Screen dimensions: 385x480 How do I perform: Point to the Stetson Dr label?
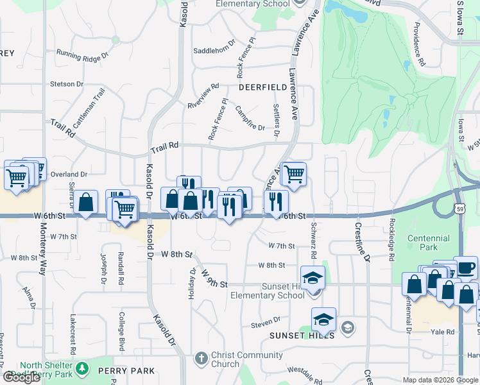point(67,84)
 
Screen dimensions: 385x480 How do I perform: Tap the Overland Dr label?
point(69,174)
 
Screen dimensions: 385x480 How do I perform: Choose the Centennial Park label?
point(431,242)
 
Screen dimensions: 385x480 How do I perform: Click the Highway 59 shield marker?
point(460,209)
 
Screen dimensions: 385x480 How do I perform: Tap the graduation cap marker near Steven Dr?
point(323,319)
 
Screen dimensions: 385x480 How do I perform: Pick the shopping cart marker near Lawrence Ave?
point(294,173)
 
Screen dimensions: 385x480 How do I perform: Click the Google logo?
point(21,377)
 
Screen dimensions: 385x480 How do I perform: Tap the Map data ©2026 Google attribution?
point(440,380)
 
